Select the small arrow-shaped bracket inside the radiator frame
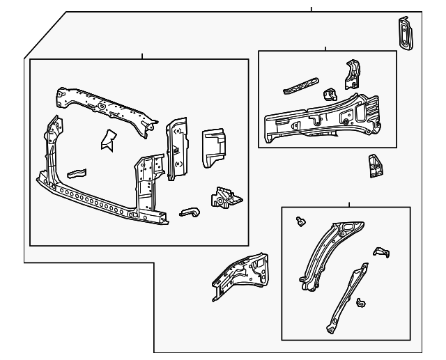[107, 139]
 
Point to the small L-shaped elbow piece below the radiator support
[190, 212]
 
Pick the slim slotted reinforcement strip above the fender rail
[298, 86]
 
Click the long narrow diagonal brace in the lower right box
[345, 296]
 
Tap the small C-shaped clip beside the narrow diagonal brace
[360, 303]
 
